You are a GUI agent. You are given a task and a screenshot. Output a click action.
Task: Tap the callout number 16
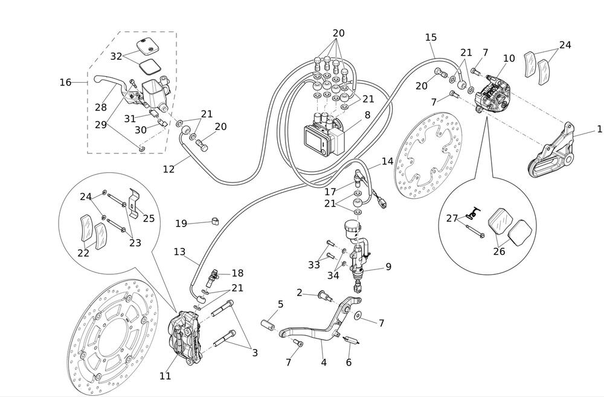[65, 82]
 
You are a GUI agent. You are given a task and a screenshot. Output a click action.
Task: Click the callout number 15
[431, 37]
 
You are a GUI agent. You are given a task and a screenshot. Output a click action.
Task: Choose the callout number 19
[181, 224]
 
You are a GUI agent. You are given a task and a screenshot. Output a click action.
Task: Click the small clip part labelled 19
[214, 221]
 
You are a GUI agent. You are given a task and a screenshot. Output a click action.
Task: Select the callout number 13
[179, 251]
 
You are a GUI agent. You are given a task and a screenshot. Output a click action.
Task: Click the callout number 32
[117, 56]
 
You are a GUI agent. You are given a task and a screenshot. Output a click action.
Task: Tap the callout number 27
[452, 218]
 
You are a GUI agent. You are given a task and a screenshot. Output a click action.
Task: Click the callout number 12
[169, 169]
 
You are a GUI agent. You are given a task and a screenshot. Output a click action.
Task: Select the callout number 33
[313, 265]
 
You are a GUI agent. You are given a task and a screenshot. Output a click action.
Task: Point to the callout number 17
[330, 192]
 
